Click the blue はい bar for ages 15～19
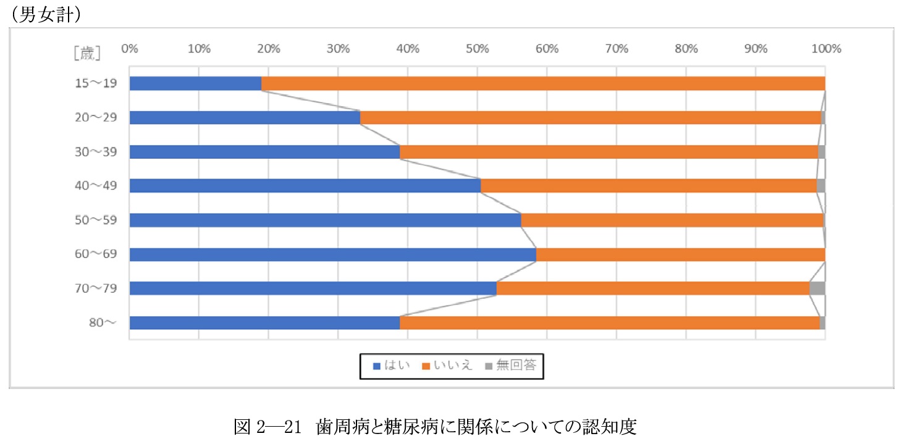point(195,83)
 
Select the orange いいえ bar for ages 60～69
point(680,254)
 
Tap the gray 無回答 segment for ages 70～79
point(817,288)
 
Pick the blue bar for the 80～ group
point(264,322)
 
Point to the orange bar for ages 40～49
point(649,186)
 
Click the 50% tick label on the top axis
point(477,49)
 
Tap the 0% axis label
point(129,49)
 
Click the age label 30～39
point(96,152)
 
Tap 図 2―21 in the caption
point(267,426)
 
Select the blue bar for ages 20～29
point(245,117)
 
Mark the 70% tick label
point(617,49)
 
